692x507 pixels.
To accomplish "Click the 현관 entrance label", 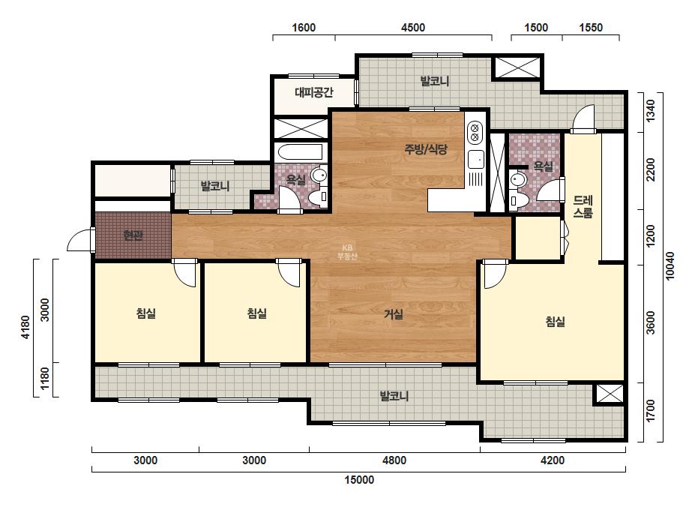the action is coord(133,235).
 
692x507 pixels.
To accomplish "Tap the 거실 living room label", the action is coord(393,314).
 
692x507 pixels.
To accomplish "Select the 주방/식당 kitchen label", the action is coord(426,149).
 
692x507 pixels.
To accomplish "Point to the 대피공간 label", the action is coord(314,92).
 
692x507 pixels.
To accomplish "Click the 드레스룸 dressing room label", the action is coord(583,207).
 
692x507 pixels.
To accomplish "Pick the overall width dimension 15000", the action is coord(359,480).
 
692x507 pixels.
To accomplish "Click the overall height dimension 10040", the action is coord(670,265).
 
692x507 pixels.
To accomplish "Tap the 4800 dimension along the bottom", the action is coord(394,460).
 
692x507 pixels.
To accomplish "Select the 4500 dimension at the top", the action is coord(413,28).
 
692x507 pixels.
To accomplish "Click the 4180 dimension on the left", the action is coord(25,327).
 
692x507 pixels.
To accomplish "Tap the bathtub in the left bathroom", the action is coord(300,153).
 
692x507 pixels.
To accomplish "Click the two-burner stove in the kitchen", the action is coord(475,132).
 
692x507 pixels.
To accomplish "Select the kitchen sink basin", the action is coord(476,160).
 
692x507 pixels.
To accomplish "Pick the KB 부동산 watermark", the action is coord(347,252).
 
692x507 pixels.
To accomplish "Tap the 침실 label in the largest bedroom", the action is coord(556,322).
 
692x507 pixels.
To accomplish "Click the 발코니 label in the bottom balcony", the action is coord(394,396).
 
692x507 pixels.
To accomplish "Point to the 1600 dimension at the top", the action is coord(304,28).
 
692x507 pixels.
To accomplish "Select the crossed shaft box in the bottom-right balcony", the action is coord(610,394).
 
